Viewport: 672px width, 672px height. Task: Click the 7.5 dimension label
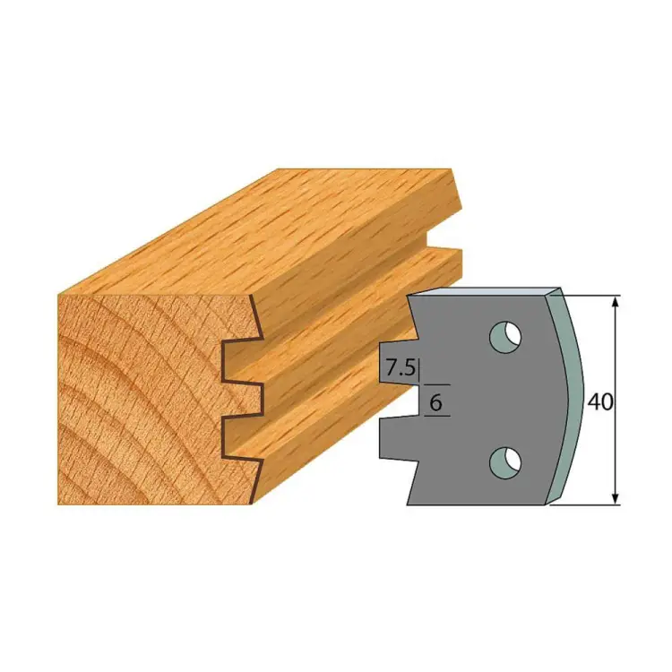point(401,367)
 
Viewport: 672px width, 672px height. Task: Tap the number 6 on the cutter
point(435,402)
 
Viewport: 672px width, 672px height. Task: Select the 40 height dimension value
point(600,402)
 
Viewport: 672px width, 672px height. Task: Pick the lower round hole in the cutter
point(505,462)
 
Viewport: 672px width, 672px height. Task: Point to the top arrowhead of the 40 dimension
point(616,302)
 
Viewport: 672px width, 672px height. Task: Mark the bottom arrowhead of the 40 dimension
point(616,498)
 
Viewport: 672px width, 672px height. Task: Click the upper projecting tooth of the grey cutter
point(399,362)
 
